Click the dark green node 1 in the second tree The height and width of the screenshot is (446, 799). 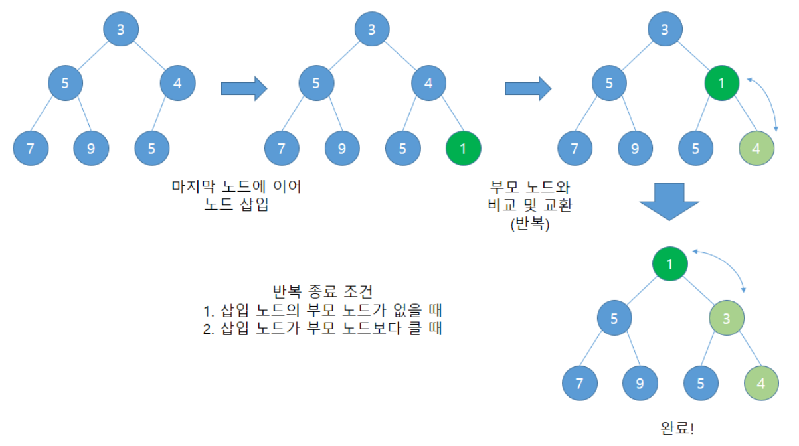pos(463,148)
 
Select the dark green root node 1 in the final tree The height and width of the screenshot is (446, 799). pos(669,264)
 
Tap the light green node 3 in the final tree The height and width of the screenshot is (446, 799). pos(727,317)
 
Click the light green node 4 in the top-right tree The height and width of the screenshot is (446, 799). pos(756,148)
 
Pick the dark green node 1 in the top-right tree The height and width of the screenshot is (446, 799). pos(722,84)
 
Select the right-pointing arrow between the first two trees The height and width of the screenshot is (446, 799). pos(243,88)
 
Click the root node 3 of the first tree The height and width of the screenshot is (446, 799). pos(120,29)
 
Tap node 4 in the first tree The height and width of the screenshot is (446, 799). pos(177,84)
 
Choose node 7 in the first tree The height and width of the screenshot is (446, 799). pos(30,148)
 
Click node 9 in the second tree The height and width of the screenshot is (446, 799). pos(341,148)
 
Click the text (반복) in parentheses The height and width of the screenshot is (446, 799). pos(529,224)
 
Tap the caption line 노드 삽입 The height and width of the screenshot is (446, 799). pos(237,205)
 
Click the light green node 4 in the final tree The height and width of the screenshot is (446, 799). pos(761,383)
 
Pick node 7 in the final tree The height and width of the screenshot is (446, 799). pos(579,383)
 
